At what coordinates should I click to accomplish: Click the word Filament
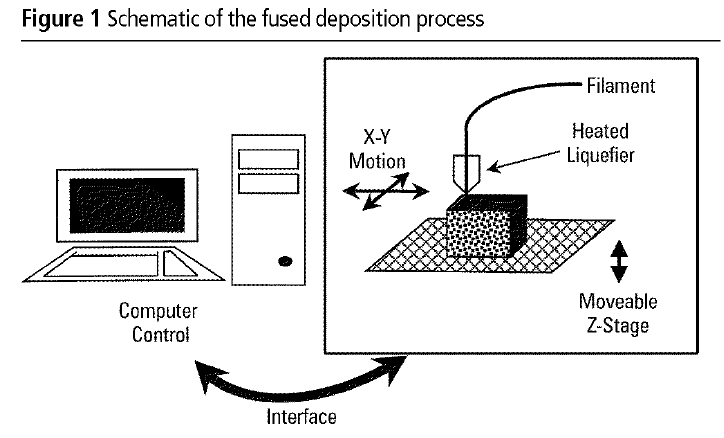click(620, 86)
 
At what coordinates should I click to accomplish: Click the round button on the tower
click(286, 263)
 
